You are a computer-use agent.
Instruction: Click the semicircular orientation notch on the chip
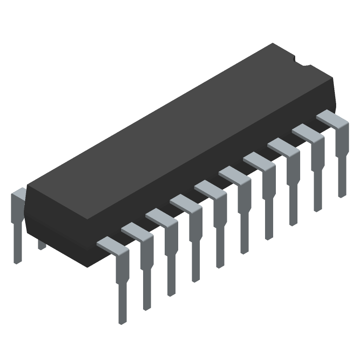(301, 63)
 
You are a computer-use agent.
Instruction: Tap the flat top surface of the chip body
(180, 130)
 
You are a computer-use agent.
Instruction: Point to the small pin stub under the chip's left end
(42, 245)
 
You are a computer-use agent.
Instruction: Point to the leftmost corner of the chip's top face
(28, 186)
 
